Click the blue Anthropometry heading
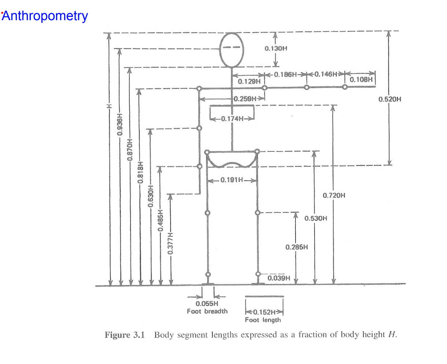point(45,16)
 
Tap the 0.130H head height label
point(275,48)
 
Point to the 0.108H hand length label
point(361,79)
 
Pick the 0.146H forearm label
point(326,74)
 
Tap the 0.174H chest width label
point(234,118)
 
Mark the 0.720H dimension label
point(334,195)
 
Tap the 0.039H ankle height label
point(279,278)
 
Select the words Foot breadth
point(207,311)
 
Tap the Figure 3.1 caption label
point(125,335)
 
